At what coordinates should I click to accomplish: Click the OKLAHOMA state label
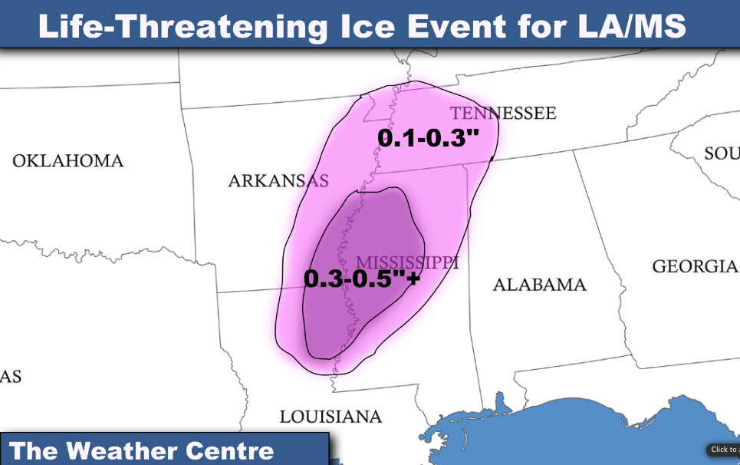[67, 161]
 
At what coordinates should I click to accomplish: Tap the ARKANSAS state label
[278, 181]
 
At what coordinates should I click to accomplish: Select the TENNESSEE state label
[502, 114]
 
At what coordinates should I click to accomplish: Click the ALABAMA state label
[539, 285]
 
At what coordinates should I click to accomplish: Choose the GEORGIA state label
[694, 267]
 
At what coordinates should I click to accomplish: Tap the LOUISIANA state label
[331, 417]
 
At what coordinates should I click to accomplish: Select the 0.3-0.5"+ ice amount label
[362, 279]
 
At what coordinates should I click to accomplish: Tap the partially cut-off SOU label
[722, 154]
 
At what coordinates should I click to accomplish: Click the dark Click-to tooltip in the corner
[722, 450]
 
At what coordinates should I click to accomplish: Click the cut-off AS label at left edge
[11, 377]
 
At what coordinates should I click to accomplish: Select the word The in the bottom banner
[32, 450]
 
